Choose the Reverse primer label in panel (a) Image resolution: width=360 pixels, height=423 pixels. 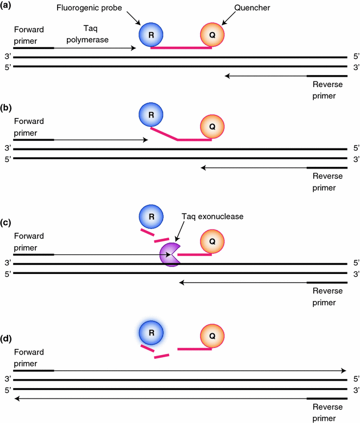click(325, 90)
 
